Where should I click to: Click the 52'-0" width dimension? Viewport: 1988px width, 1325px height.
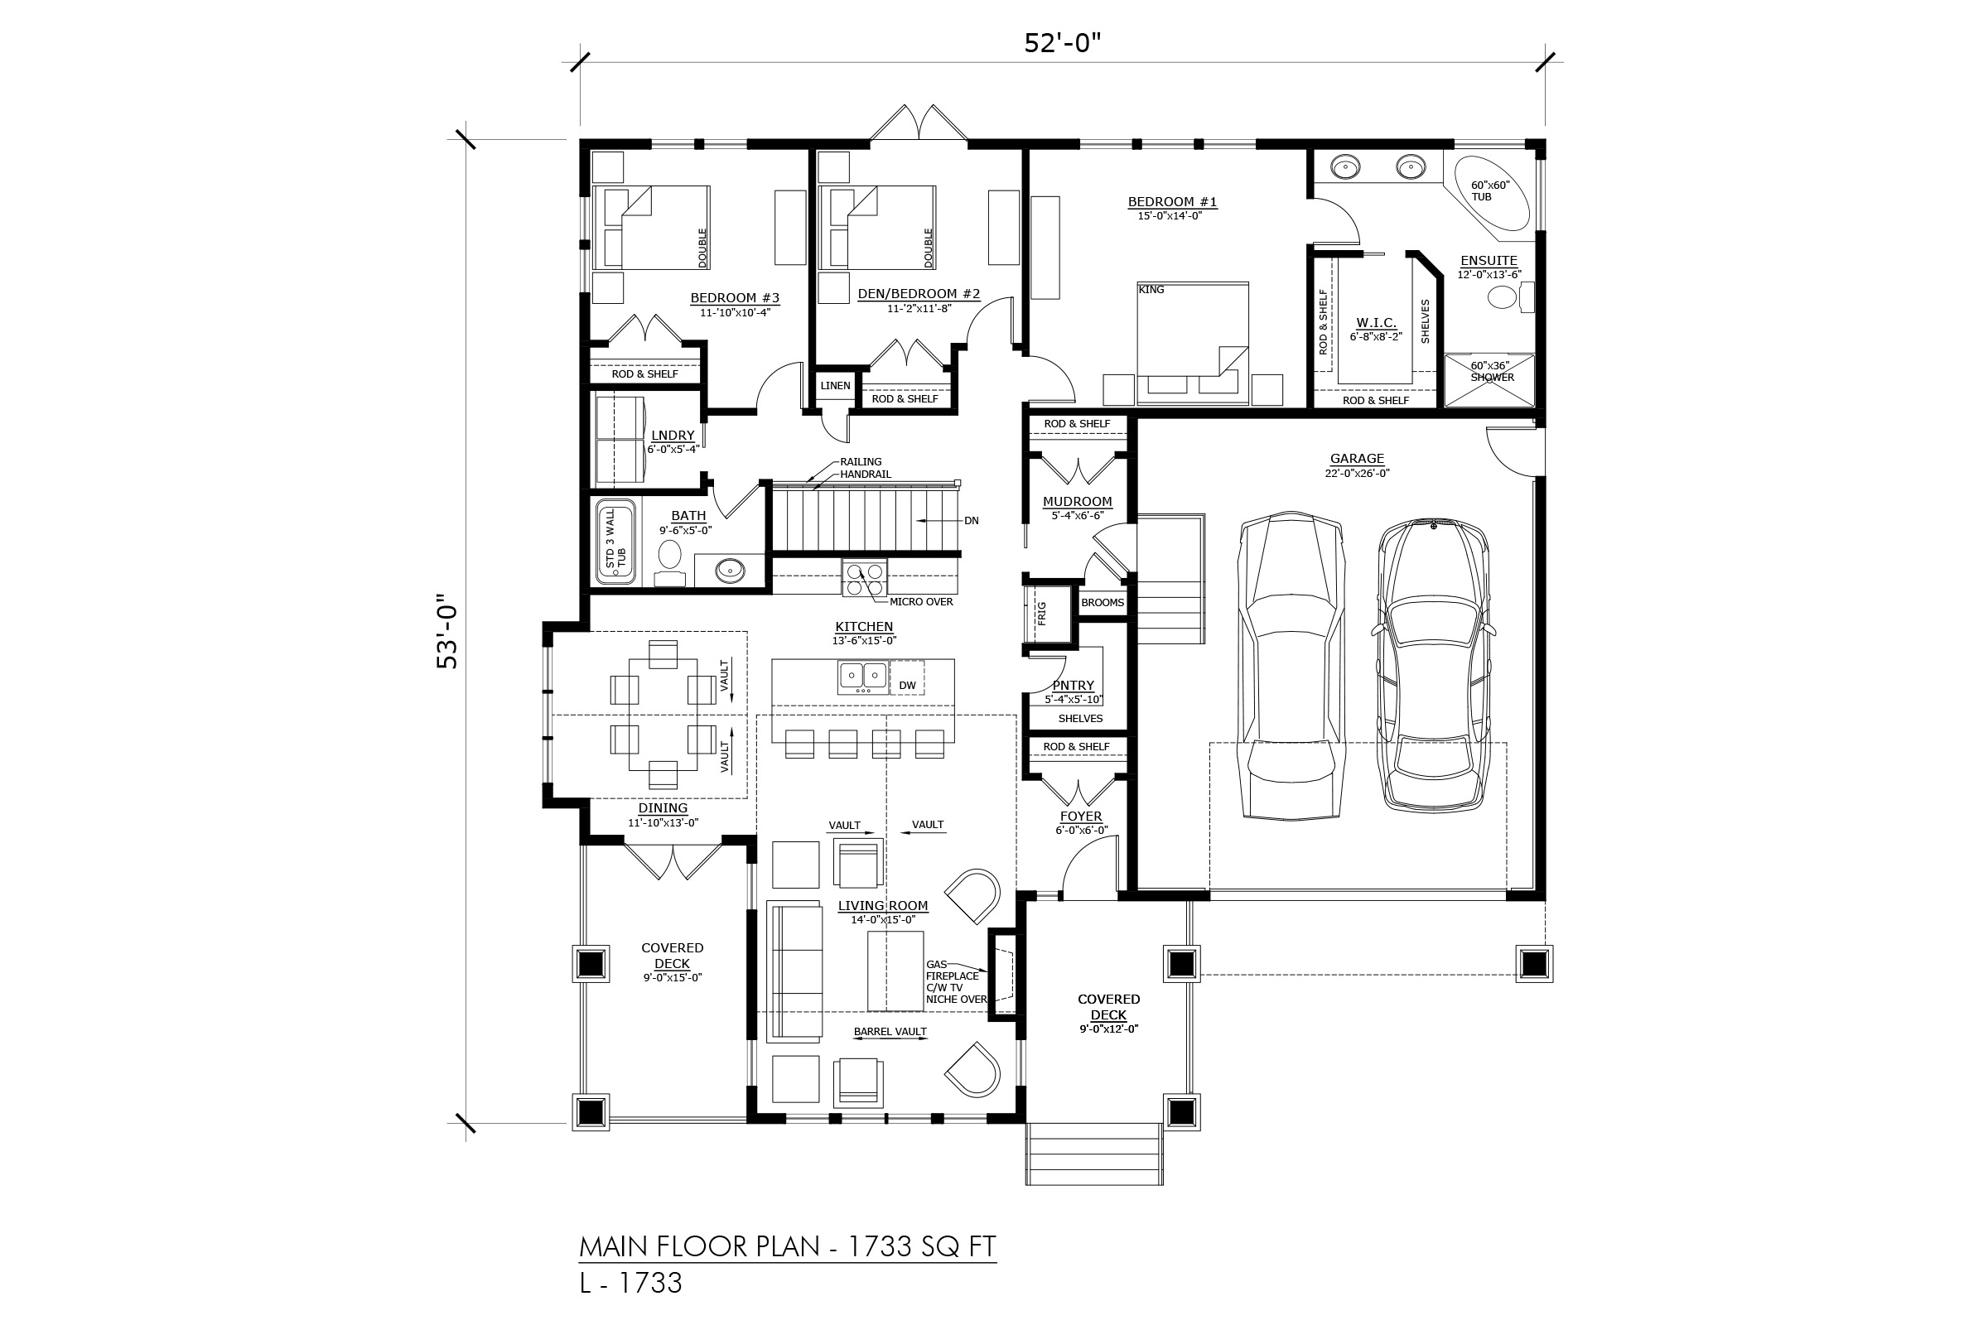tap(1063, 42)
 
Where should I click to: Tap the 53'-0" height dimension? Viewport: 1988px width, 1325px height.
tap(447, 635)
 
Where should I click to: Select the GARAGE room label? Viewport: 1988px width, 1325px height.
tap(1357, 459)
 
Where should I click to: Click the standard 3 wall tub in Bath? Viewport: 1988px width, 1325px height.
tap(616, 542)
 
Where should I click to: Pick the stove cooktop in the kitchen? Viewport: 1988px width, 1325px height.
tap(865, 579)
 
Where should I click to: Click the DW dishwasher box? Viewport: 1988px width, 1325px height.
tap(907, 686)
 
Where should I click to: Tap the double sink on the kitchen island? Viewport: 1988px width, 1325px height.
tap(863, 677)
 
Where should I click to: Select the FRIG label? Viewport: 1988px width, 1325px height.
tap(1041, 613)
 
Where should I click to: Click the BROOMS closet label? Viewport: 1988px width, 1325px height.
tap(1103, 603)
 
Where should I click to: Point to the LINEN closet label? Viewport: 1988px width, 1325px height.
tap(835, 385)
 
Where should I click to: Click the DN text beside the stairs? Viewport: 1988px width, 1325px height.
tap(971, 521)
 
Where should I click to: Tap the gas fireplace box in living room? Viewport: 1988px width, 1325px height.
tap(1003, 976)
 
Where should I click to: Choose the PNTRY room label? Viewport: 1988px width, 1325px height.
tap(1074, 686)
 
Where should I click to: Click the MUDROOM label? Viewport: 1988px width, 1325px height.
tap(1077, 501)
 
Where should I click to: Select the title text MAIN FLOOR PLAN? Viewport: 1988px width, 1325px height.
tap(700, 1246)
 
